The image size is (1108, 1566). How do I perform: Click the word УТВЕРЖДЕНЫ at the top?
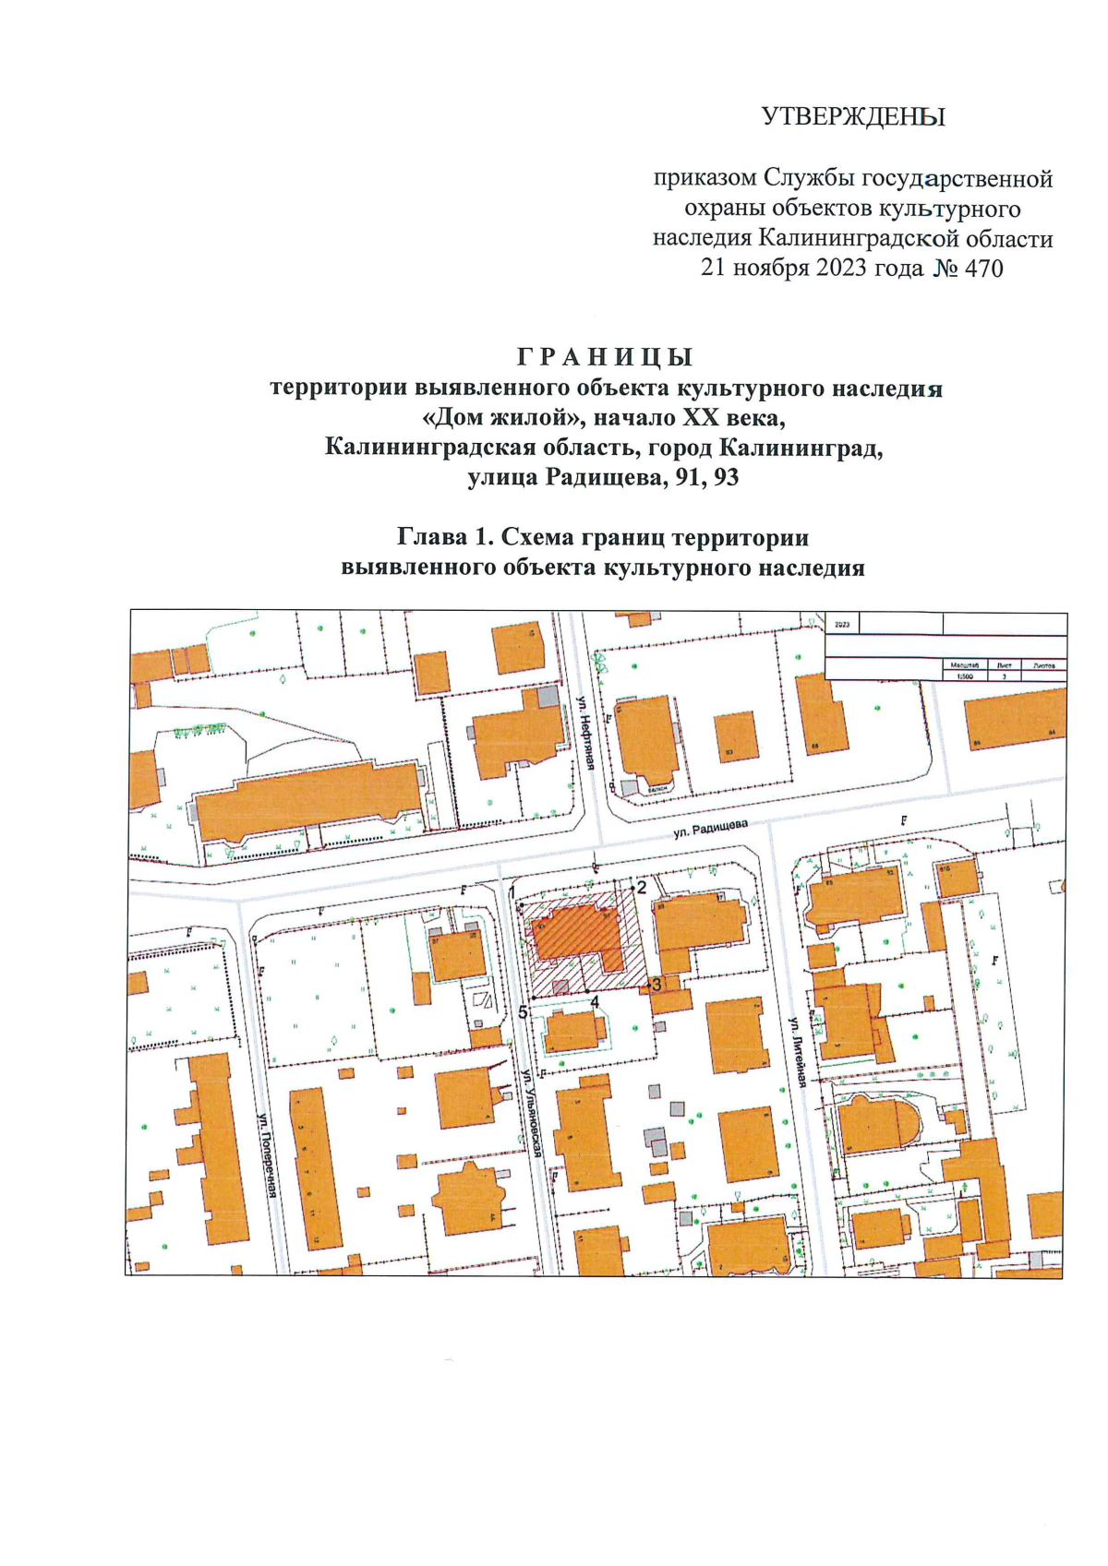(853, 117)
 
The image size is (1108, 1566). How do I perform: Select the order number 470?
(982, 269)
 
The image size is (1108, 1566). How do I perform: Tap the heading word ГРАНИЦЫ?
(605, 357)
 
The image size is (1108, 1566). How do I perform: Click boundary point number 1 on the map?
(512, 891)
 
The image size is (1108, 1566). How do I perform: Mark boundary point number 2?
(641, 887)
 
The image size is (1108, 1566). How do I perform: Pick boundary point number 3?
(656, 984)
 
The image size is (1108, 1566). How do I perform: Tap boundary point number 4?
(596, 1000)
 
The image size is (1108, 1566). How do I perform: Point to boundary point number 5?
(523, 1012)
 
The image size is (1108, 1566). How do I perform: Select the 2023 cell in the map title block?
(841, 625)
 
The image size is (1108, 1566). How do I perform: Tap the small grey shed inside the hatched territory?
(560, 986)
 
